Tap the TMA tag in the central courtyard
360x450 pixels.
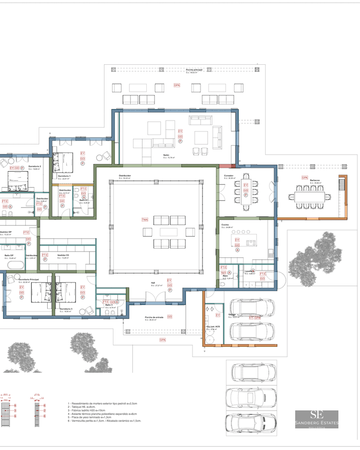[145, 219]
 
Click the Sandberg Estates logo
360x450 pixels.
[316, 419]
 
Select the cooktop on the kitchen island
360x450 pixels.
[251, 243]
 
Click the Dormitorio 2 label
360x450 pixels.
[34, 166]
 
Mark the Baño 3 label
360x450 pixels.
[109, 305]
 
